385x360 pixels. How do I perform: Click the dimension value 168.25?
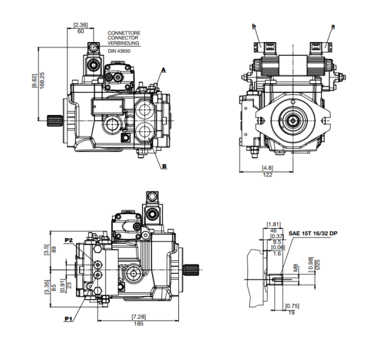pos(42,82)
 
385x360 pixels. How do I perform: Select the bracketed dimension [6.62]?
pos(35,82)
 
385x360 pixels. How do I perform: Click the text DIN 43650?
pos(118,50)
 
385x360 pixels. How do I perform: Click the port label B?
pos(164,166)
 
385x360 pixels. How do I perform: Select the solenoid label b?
pos(254,26)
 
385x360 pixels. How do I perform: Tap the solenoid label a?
pos(333,26)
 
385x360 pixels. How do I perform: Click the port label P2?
pos(69,240)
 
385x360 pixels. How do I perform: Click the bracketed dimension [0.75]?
pos(290,306)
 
